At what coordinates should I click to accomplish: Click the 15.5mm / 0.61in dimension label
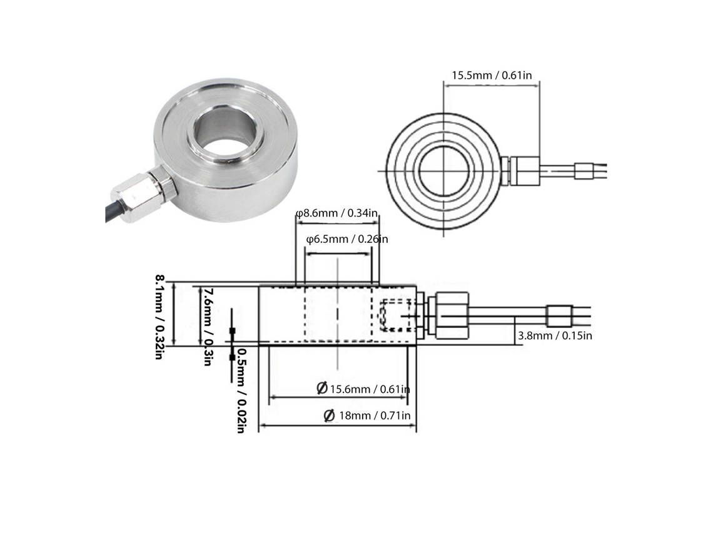(x=492, y=75)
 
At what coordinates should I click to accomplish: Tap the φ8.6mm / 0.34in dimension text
(x=337, y=213)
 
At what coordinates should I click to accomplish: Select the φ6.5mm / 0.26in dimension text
(x=347, y=239)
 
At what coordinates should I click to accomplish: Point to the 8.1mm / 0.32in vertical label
(x=159, y=317)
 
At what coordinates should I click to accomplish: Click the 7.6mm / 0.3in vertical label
(x=208, y=327)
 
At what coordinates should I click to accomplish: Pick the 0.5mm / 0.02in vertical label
(x=241, y=391)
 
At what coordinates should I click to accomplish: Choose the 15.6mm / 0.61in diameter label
(x=363, y=389)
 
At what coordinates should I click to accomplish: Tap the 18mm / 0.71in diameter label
(x=367, y=415)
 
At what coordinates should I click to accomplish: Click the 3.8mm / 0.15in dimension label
(x=555, y=336)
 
